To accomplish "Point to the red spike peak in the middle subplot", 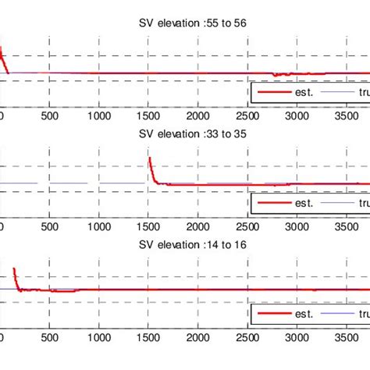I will coord(149,158).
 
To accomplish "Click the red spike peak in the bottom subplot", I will coord(14,270).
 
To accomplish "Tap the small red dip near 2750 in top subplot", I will coord(274,76).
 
